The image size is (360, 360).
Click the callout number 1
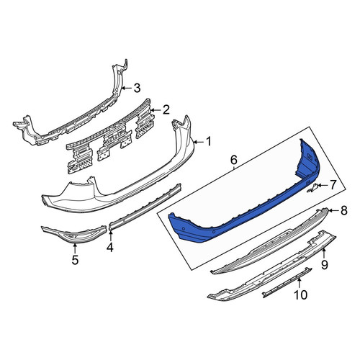tap(208, 142)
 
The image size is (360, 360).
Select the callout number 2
tap(166, 110)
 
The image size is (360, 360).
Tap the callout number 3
tap(137, 88)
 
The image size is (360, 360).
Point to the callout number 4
tap(110, 247)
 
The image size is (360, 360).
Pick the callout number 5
tap(75, 260)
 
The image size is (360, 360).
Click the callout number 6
tap(234, 160)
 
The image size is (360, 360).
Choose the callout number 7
tap(333, 185)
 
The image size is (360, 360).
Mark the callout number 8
tap(344, 211)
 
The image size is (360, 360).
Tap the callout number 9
tap(325, 265)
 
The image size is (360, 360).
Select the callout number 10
tap(300, 294)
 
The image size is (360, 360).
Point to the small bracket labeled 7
tap(312, 188)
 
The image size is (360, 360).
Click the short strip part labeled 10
tap(287, 282)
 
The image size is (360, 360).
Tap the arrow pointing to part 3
tap(127, 88)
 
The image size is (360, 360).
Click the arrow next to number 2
tap(156, 110)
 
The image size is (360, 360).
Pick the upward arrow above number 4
tap(111, 235)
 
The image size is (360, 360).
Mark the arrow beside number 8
tap(333, 211)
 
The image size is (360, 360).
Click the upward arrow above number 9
tap(324, 253)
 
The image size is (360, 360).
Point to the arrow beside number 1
tap(199, 143)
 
